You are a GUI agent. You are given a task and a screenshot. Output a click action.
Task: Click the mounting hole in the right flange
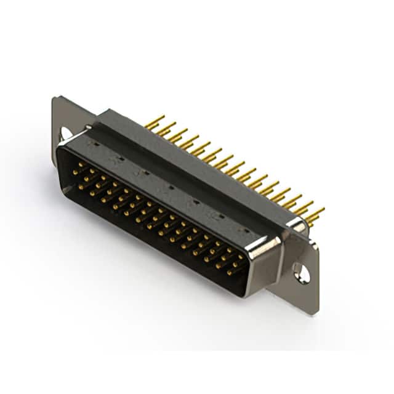click(x=301, y=271)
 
